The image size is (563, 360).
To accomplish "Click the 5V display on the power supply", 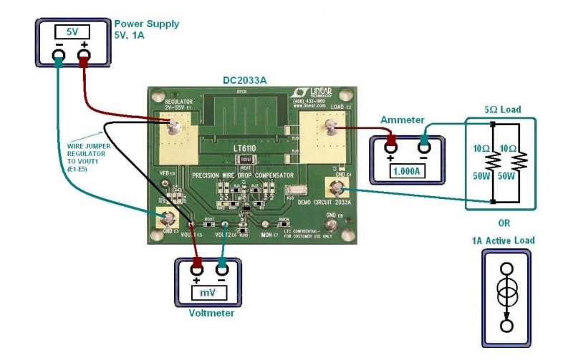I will (72, 31).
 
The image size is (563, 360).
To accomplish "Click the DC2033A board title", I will (245, 82).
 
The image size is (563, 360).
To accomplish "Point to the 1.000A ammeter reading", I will (406, 171).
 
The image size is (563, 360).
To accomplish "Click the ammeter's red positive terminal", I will (392, 145).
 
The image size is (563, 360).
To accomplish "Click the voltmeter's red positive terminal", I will (197, 269).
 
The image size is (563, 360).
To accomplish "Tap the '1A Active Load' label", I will (503, 240).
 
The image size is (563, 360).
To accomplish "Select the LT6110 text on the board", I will (246, 147).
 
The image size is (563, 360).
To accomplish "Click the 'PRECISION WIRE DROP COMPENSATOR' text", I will (243, 175).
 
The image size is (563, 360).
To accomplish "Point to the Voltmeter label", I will (211, 313).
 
